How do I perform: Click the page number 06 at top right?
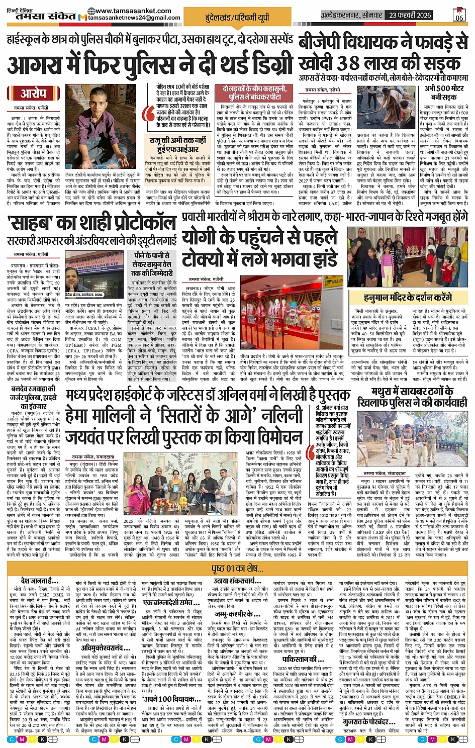tap(459, 15)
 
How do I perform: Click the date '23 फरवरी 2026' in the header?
tap(410, 15)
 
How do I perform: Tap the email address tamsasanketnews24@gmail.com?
tap(134, 18)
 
